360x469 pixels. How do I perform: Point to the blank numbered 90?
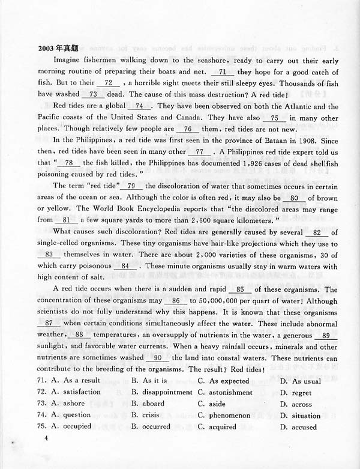tap(158, 358)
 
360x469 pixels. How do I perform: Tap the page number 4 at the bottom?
tap(45, 438)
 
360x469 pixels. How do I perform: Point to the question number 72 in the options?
tap(41, 392)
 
